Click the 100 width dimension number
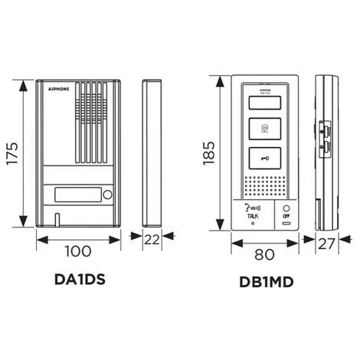(79, 250)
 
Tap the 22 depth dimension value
(152, 240)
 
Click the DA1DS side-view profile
(152, 152)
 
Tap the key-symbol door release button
(265, 159)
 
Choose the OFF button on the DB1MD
(286, 212)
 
